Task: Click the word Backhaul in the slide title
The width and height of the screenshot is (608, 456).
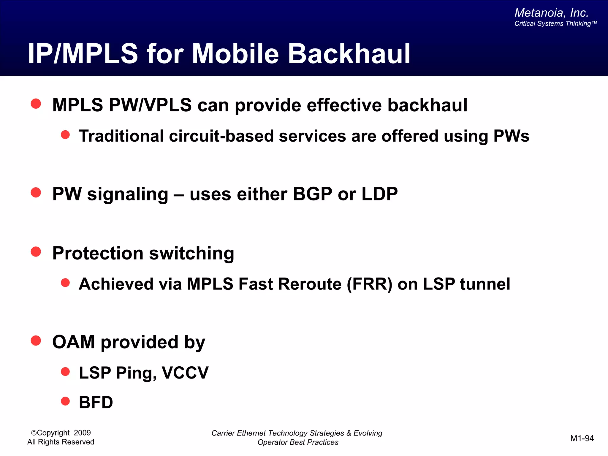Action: click(x=349, y=54)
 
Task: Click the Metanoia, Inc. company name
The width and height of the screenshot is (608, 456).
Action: click(x=551, y=13)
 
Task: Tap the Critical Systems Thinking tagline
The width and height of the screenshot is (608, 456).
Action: click(x=555, y=24)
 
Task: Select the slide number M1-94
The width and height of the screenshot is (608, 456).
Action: click(x=582, y=438)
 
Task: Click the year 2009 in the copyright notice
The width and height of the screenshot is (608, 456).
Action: click(x=82, y=433)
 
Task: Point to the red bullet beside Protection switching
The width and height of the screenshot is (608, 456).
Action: click(x=36, y=252)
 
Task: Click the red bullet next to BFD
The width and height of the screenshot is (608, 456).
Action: click(x=65, y=401)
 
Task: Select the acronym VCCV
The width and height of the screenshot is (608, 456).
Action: click(x=185, y=373)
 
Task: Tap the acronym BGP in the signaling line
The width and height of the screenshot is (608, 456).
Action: click(x=312, y=194)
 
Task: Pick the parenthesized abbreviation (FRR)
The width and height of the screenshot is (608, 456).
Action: click(x=370, y=284)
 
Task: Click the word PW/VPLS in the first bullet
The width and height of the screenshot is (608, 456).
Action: click(x=150, y=105)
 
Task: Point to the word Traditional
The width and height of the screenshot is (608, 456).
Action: click(x=121, y=136)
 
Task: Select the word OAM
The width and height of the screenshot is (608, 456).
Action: click(x=74, y=342)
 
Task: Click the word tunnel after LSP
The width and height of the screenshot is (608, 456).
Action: click(x=485, y=284)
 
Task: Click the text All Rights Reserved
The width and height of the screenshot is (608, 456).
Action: click(x=61, y=442)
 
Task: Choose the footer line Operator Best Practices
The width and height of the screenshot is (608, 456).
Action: click(x=298, y=442)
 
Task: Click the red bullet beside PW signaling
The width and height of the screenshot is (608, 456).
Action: click(x=36, y=193)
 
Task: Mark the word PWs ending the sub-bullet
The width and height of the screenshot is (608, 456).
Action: click(x=511, y=136)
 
